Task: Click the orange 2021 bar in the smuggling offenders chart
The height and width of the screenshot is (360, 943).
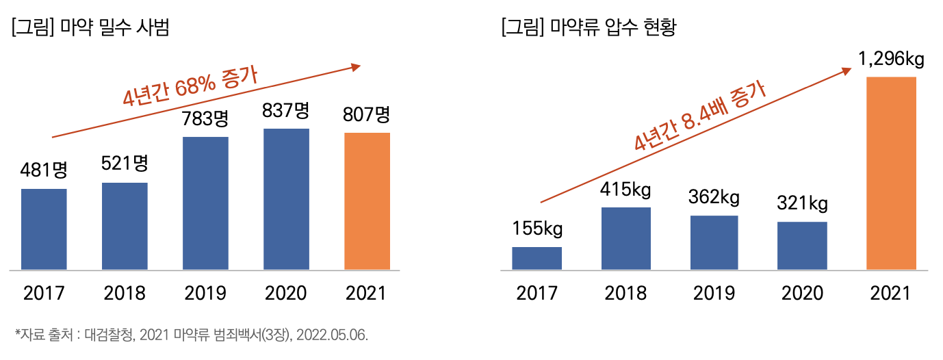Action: click(x=367, y=201)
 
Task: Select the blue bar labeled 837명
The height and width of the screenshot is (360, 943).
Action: click(x=286, y=199)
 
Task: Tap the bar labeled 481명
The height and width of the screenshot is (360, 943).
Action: click(x=44, y=229)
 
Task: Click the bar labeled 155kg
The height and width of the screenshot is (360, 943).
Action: click(x=537, y=258)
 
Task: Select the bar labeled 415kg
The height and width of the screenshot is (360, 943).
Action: click(x=625, y=238)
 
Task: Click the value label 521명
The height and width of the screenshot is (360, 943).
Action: click(x=125, y=164)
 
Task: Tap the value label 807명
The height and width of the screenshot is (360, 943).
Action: click(x=367, y=114)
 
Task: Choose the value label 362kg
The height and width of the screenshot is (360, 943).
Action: click(x=714, y=198)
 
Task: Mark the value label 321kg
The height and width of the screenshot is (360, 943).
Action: click(x=802, y=203)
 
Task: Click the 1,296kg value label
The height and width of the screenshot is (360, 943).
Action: click(x=891, y=60)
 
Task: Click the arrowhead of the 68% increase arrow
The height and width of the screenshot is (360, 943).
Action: click(x=356, y=66)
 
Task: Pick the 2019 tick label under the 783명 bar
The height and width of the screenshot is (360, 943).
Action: click(x=205, y=294)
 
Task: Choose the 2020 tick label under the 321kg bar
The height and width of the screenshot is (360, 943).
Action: click(x=802, y=294)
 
